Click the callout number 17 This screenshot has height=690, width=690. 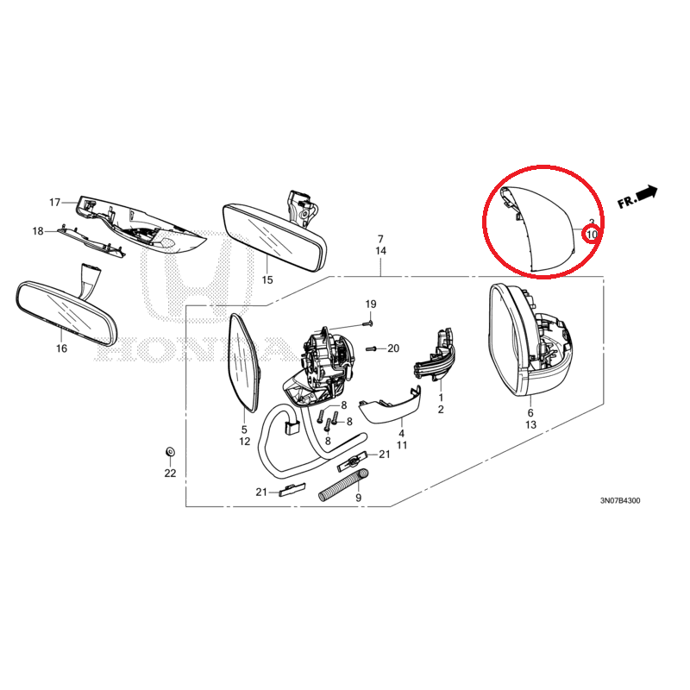click(54, 203)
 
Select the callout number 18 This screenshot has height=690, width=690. click(38, 231)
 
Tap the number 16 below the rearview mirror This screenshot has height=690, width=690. click(61, 348)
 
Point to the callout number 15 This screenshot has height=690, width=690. click(267, 279)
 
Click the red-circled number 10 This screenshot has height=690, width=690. click(592, 235)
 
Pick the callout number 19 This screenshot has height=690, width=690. click(371, 304)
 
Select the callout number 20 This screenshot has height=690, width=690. click(393, 348)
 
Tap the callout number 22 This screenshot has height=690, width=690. click(170, 473)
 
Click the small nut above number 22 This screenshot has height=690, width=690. click(170, 451)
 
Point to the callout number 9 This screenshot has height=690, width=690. click(359, 498)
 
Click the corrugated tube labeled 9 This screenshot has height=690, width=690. click(344, 485)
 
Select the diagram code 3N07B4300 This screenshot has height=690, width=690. click(620, 501)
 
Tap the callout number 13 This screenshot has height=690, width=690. click(530, 424)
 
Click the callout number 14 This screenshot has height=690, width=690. click(380, 251)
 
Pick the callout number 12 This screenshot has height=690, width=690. click(245, 441)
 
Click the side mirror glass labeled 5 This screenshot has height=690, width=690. click(243, 363)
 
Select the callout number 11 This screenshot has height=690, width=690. click(402, 445)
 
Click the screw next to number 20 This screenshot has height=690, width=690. click(372, 349)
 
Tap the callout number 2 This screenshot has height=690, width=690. click(441, 410)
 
